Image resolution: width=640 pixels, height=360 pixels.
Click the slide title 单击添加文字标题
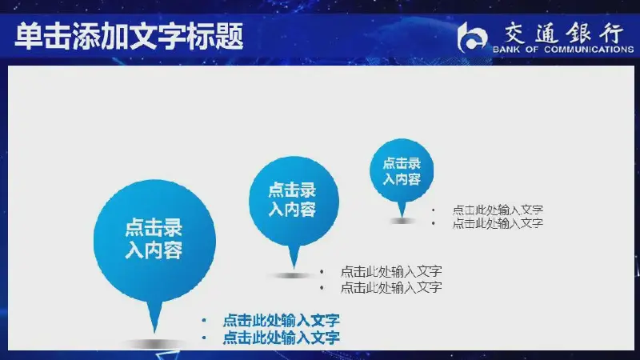pyautogui.click(x=129, y=36)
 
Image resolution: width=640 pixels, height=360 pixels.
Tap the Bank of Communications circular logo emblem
pyautogui.click(x=472, y=38)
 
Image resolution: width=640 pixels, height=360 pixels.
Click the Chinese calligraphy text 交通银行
pyautogui.click(x=563, y=33)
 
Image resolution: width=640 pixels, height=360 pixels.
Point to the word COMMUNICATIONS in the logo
pyautogui.click(x=589, y=50)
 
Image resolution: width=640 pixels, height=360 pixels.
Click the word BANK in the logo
pyautogui.click(x=506, y=50)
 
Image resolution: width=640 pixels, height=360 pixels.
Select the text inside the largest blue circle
pyautogui.click(x=154, y=238)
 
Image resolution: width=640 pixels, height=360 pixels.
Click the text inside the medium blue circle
pyautogui.click(x=292, y=199)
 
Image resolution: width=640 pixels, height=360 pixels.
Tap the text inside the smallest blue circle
pyautogui.click(x=402, y=171)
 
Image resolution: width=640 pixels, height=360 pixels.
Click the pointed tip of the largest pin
pyautogui.click(x=154, y=332)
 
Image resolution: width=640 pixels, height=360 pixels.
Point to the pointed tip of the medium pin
pyautogui.click(x=294, y=268)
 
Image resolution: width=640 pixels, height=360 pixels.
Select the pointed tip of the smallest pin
pyautogui.click(x=402, y=217)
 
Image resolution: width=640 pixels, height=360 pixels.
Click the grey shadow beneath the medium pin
pyautogui.click(x=293, y=275)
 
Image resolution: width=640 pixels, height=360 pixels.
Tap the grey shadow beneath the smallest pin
pyautogui.click(x=402, y=221)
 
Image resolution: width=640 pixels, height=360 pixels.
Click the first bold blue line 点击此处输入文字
pyautogui.click(x=282, y=321)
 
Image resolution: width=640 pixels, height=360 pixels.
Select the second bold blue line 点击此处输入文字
pyautogui.click(x=282, y=338)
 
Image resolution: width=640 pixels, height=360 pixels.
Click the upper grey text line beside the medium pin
pyautogui.click(x=391, y=271)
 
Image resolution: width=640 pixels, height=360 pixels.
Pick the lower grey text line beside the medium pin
pyautogui.click(x=391, y=287)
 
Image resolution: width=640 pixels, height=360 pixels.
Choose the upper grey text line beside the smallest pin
pyautogui.click(x=498, y=210)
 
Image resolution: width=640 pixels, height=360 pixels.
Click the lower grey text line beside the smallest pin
pyautogui.click(x=498, y=223)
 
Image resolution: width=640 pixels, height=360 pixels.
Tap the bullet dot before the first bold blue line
pyautogui.click(x=204, y=321)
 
